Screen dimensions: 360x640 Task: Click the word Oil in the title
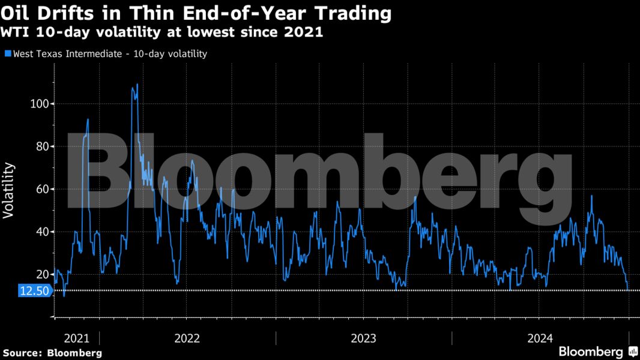tap(16, 13)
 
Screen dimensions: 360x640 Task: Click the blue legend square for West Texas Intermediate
tap(7, 54)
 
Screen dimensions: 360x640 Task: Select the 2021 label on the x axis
tap(76, 338)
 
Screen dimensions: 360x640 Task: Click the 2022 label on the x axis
tap(187, 338)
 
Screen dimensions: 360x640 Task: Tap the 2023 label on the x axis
tap(364, 338)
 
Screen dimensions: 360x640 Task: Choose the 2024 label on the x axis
tap(539, 338)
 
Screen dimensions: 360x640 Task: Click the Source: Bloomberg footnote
tap(52, 353)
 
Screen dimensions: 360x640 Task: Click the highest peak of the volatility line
tap(137, 85)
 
